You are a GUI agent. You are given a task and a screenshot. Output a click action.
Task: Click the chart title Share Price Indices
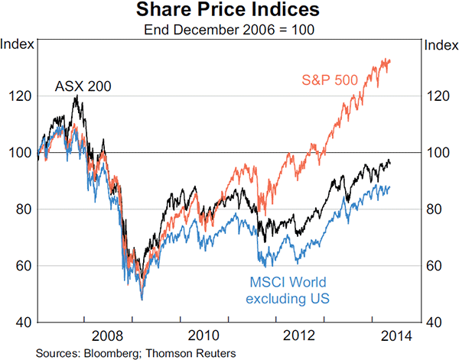[x=229, y=11]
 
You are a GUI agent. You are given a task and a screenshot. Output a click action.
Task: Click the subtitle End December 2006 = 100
[x=229, y=31]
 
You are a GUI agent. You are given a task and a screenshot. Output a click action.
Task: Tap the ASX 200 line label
[x=83, y=86]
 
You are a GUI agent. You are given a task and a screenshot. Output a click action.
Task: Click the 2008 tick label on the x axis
[x=107, y=335]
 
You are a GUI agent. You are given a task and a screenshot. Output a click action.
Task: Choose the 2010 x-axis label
[x=202, y=335]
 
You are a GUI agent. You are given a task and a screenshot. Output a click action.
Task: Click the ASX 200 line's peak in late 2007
[x=76, y=97]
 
